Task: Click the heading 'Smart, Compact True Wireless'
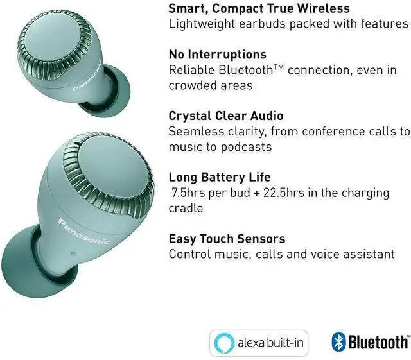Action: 259,8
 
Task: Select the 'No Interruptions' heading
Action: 217,54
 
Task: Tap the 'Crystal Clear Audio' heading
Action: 225,116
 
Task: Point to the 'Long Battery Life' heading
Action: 220,177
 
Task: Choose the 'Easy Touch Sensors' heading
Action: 227,239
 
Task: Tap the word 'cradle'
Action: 186,209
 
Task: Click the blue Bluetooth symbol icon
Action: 338,342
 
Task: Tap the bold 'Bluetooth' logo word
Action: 378,343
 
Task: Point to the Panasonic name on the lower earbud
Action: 83,232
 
